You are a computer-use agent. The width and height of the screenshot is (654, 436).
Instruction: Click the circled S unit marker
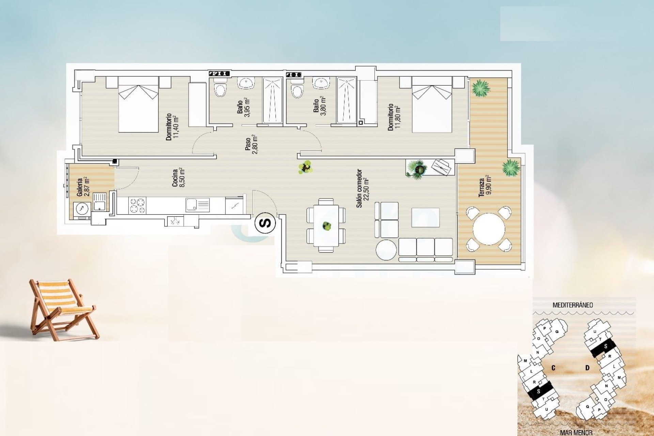coord(265,223)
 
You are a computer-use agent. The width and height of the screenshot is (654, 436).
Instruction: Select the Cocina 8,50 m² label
coord(178,177)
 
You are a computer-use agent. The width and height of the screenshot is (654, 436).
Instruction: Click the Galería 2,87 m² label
coord(83,187)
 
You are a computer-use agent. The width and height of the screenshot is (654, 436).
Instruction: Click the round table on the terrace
coord(489,229)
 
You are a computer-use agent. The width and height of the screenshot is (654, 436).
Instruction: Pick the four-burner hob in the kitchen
coord(137,206)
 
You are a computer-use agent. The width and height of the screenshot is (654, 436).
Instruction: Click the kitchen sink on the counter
coord(197,205)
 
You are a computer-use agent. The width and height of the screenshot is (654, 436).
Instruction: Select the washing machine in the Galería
coord(82,210)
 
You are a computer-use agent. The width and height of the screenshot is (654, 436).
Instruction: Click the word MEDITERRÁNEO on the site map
coord(573,305)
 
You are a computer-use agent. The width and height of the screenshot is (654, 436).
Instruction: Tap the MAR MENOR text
coord(576,433)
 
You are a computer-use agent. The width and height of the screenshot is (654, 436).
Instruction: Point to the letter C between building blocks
coord(554,368)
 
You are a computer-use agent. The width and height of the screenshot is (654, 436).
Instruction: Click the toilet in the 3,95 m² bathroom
coord(220,89)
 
